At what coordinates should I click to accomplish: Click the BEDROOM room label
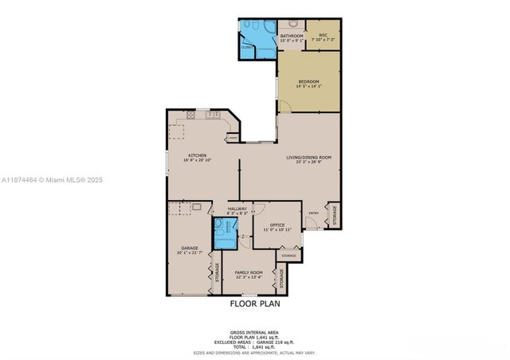309,81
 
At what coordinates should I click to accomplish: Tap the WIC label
323,36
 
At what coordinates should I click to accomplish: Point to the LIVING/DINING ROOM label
308,158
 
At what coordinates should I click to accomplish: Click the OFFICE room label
277,225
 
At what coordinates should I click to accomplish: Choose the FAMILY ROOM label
249,272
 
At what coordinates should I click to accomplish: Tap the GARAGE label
189,248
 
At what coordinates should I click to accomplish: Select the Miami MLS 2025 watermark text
52,180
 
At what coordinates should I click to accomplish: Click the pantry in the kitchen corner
233,138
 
